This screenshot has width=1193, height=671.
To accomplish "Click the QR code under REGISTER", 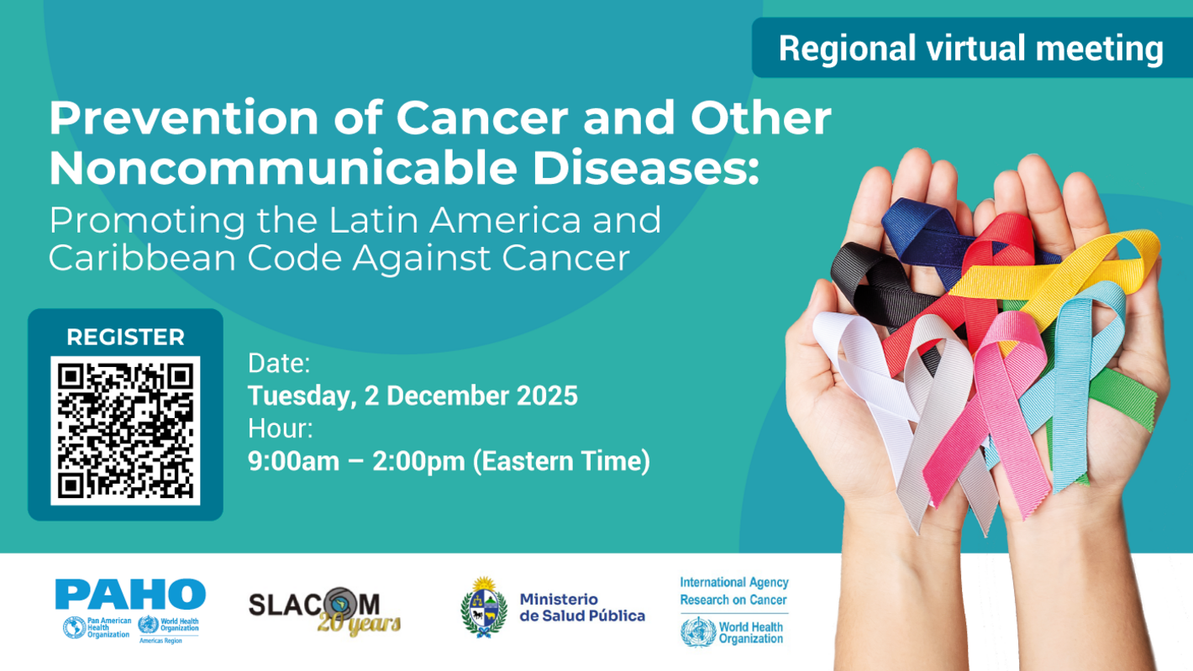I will (x=125, y=430).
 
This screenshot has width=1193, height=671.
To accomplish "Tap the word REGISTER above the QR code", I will (x=125, y=338).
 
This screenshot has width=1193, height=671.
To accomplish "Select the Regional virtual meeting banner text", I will (x=970, y=49).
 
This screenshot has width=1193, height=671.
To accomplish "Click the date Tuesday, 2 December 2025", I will (x=413, y=396).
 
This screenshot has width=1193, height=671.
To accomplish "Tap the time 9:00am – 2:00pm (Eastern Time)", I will (x=449, y=462).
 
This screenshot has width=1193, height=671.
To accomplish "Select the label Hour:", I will (x=281, y=429).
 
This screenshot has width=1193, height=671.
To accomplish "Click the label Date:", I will (x=279, y=364).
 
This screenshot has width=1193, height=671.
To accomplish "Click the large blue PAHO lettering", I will (x=130, y=595).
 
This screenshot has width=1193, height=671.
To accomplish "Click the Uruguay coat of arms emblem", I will (x=484, y=607).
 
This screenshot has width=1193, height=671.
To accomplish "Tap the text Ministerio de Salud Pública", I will (x=581, y=608).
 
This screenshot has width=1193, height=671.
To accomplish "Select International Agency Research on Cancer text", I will (x=733, y=590).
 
